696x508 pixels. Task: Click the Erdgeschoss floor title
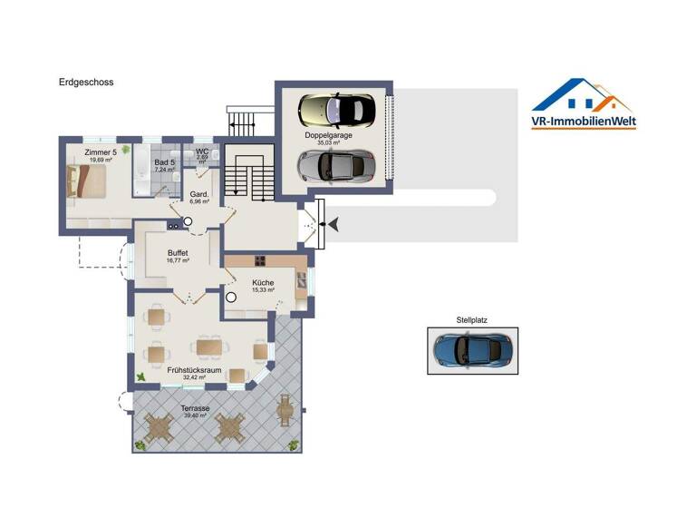pyautogui.click(x=86, y=83)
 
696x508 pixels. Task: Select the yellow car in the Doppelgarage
pyautogui.click(x=336, y=111)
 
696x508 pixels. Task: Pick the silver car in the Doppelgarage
pyautogui.click(x=336, y=165)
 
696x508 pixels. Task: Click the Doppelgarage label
pyautogui.click(x=328, y=135)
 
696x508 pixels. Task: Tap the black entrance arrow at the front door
pyautogui.click(x=332, y=223)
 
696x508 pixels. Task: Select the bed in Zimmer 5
pyautogui.click(x=88, y=182)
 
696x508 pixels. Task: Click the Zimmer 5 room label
pyautogui.click(x=100, y=151)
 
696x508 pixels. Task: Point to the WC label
pyautogui.click(x=202, y=151)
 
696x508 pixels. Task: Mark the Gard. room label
pyautogui.click(x=199, y=194)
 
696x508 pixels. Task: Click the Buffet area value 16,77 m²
pyautogui.click(x=178, y=260)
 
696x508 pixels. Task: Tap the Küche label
pyautogui.click(x=264, y=282)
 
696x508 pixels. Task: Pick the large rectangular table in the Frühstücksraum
pyautogui.click(x=209, y=347)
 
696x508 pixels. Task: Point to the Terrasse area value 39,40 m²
pyautogui.click(x=196, y=415)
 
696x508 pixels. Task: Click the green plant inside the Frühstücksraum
pyautogui.click(x=140, y=376)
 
